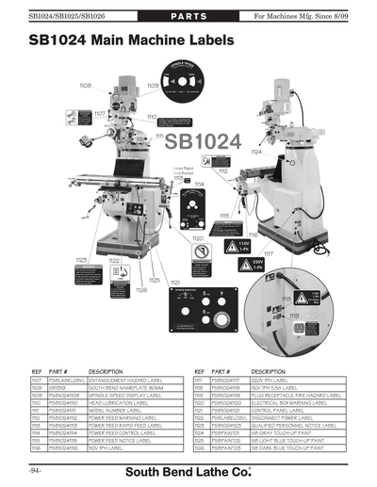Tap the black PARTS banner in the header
189,17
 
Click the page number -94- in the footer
35,468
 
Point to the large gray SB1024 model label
204,142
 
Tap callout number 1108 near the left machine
84,85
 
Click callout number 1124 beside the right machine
255,151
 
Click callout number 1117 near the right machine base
268,253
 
